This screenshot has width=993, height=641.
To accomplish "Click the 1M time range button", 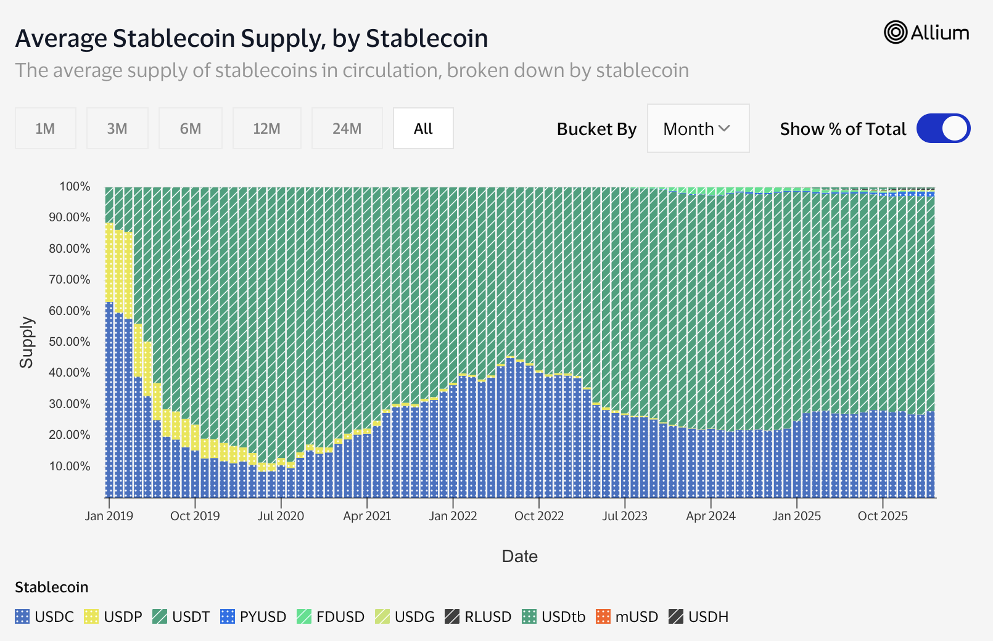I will pos(45,128).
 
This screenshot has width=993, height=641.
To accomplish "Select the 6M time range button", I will pos(190,128).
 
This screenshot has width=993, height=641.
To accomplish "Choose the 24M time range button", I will pos(347,128).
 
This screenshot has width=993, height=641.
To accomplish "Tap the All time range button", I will pos(423,128).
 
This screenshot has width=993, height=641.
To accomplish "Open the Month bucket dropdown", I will pos(698,128).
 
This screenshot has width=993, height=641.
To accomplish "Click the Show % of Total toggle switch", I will pos(943,128).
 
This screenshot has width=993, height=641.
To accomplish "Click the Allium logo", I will pos(926,33).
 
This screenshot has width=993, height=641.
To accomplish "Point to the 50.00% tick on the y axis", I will pos(69,341).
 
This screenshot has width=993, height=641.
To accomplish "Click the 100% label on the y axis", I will pos(75,186).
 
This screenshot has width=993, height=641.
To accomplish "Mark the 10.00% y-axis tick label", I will pos(69,466).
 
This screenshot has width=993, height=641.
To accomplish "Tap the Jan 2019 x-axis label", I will pos(109,516).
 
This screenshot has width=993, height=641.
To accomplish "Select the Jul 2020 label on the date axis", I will pos(281,516).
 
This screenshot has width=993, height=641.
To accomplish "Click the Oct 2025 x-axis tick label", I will pos(883,516).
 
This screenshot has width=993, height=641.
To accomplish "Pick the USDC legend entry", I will pos(44,616).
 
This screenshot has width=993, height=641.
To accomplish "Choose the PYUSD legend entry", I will pos(253,616).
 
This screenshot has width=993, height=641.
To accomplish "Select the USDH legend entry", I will pos(699,616).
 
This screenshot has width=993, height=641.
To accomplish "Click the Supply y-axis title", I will pos(26,342).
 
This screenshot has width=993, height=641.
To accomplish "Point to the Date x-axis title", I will pos(519,556).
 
